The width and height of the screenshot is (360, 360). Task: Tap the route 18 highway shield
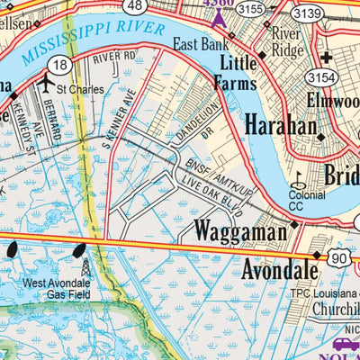point(60,66)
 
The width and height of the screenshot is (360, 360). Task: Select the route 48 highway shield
point(134,5)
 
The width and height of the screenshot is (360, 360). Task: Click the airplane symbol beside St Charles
point(45,82)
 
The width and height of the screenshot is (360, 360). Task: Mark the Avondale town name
point(279,269)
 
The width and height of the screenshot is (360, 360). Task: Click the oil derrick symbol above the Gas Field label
point(85,268)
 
